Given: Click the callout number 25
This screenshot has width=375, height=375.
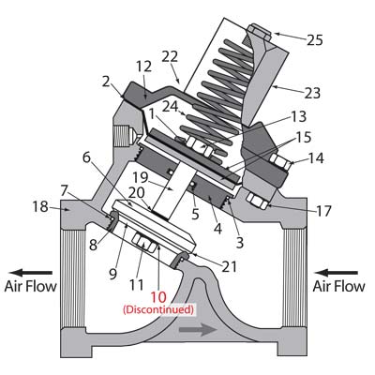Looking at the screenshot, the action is [314, 40].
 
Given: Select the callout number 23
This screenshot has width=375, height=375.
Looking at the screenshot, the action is [312, 93].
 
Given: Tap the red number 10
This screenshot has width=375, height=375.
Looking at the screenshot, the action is [158, 297].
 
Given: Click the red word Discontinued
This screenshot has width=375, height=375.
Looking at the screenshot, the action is [158, 309].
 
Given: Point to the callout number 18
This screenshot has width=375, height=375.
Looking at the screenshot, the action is [40, 206].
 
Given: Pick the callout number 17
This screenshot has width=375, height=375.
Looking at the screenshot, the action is [323, 211].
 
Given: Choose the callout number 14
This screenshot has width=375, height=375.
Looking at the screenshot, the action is [316, 158].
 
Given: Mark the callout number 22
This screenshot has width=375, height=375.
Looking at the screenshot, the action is [170, 56].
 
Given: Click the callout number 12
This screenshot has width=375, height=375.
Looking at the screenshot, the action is [143, 67].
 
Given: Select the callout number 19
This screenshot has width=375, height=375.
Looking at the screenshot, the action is [140, 177].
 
